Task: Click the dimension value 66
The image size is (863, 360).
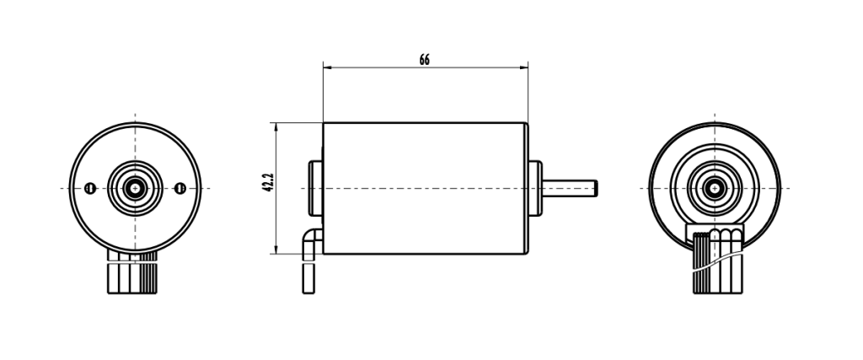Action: coord(424,60)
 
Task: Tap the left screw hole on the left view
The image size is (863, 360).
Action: coord(89,188)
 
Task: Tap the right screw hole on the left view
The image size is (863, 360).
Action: coord(179,188)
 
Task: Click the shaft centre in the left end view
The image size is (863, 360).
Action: coord(134,187)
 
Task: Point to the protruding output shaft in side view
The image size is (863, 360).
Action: coord(569,187)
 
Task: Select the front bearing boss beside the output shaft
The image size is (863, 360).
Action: coord(534,187)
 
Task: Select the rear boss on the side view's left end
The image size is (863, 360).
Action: coord(316,187)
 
